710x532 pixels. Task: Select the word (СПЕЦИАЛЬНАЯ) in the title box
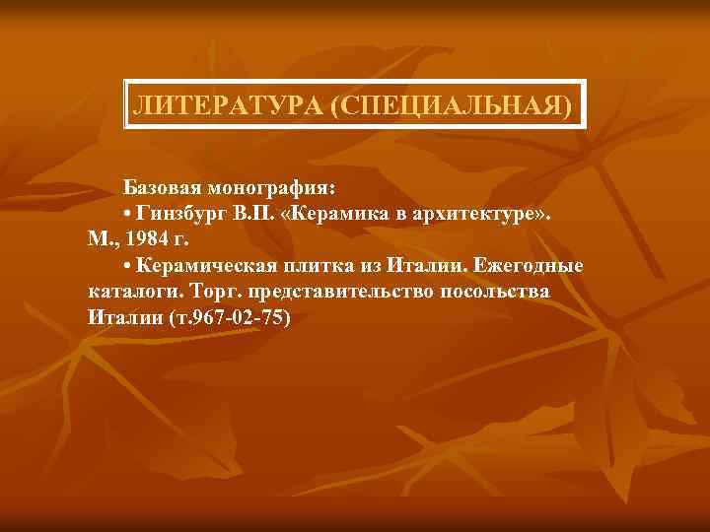[451, 104]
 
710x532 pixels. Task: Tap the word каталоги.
[125, 292]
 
